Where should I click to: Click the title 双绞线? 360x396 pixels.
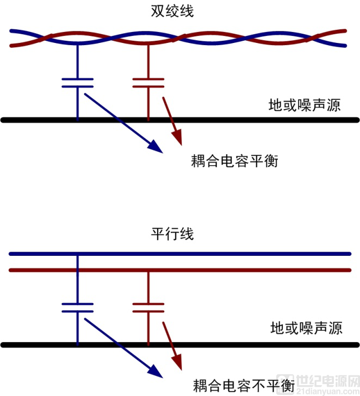(x=172, y=11)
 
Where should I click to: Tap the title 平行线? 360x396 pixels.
(x=172, y=234)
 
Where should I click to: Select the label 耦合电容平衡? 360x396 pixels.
(x=234, y=161)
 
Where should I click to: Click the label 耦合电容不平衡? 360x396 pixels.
(x=244, y=385)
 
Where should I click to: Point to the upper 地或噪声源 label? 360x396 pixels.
(x=305, y=105)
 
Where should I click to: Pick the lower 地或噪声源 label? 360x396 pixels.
(x=306, y=328)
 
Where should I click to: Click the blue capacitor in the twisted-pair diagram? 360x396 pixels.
(x=78, y=83)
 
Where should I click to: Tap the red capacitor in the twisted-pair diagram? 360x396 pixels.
(x=148, y=83)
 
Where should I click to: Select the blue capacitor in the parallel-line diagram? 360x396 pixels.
(x=78, y=307)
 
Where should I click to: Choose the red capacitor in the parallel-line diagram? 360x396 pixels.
(x=148, y=307)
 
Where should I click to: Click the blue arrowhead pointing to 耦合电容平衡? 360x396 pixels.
(x=155, y=147)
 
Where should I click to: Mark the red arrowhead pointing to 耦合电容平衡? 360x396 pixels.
(x=178, y=137)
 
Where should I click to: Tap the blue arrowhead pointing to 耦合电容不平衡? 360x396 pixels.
(x=155, y=372)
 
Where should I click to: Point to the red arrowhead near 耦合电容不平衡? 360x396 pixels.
(x=178, y=362)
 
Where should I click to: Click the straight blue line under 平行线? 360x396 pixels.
(x=180, y=254)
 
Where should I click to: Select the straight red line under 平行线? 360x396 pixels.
(x=180, y=270)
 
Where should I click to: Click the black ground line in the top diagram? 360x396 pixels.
(x=180, y=120)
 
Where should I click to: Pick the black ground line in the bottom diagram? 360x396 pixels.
(x=180, y=345)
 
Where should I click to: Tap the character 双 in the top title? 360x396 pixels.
(x=158, y=11)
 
